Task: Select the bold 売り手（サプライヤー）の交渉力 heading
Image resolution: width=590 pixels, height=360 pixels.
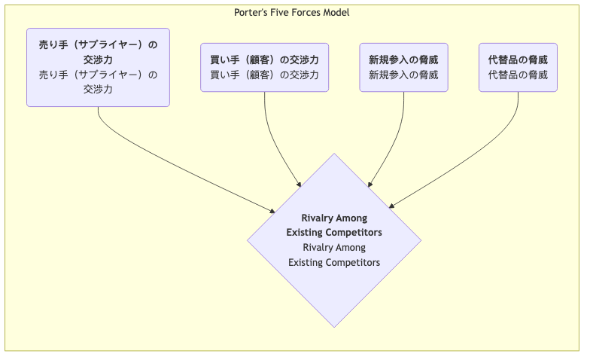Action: pos(98,52)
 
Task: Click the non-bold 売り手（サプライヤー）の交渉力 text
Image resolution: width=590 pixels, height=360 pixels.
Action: pos(98,81)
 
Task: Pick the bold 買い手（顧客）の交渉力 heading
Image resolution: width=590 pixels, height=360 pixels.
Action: pos(264,59)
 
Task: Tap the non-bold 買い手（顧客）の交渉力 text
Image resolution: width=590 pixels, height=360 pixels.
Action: pos(264,75)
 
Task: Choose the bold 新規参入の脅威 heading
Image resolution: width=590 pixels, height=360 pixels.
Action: pos(403,59)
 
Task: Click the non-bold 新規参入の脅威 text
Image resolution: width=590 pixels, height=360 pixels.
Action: pos(403,75)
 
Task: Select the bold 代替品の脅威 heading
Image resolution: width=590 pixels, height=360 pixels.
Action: pos(518,59)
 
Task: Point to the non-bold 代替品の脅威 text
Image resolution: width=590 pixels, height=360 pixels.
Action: pos(518,75)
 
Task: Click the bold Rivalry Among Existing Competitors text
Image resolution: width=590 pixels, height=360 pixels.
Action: pos(334,225)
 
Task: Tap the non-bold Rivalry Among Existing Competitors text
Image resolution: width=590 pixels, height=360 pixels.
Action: pos(334,255)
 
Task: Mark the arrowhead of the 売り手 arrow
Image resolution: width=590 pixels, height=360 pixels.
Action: pos(272,211)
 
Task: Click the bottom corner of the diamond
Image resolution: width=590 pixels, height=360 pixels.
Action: pos(334,325)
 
